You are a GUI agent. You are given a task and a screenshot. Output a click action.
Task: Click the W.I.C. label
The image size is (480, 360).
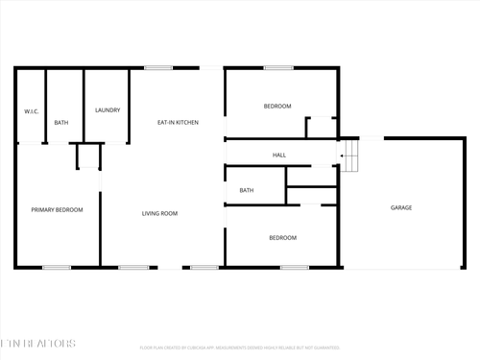coord(31,112)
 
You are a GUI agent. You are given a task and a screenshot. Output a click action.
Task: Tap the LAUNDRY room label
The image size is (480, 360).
coord(108,110)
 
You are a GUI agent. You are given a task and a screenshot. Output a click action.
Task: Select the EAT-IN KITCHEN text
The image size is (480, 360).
coord(178,122)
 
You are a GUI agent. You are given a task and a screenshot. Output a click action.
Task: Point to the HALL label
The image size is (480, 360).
coord(279,155)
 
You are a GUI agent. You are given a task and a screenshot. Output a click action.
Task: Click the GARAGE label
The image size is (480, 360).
coord(401,207)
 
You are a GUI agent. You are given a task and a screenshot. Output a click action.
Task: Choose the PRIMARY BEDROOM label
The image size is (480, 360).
coord(57,209)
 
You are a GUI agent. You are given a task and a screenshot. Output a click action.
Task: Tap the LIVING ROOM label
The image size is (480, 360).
coord(159,213)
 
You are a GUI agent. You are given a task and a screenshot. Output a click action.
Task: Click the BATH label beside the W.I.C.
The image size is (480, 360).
coord(61,122)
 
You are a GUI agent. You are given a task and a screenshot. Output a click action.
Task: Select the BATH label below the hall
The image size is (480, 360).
coord(247,190)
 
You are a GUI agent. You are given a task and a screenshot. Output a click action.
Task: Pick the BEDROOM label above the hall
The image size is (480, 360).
coord(277,106)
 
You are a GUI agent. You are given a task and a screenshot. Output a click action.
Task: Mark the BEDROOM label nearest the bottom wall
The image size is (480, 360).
coord(282,237)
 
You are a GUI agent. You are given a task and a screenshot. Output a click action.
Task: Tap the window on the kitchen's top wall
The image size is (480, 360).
coord(158,67)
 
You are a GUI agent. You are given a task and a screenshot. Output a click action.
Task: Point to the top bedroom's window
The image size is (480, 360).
coord(278,67)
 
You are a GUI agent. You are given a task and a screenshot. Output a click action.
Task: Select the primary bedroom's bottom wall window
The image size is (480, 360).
coord(57,267)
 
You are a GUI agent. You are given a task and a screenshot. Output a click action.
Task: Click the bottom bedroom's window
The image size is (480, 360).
coord(295,267)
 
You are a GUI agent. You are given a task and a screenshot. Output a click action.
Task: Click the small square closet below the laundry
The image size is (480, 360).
coord(88,156)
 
